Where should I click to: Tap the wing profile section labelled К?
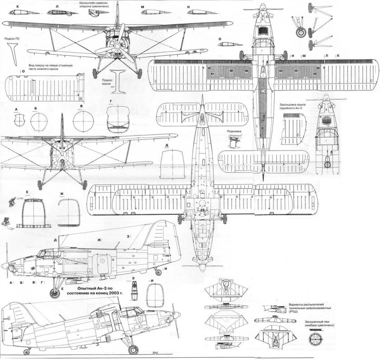tap(17, 14)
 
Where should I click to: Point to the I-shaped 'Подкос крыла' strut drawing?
tap(119, 81)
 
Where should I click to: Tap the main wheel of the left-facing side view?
tap(55, 292)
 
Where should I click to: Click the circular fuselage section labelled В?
tap(82, 110)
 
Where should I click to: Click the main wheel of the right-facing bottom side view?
tap(133, 349)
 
